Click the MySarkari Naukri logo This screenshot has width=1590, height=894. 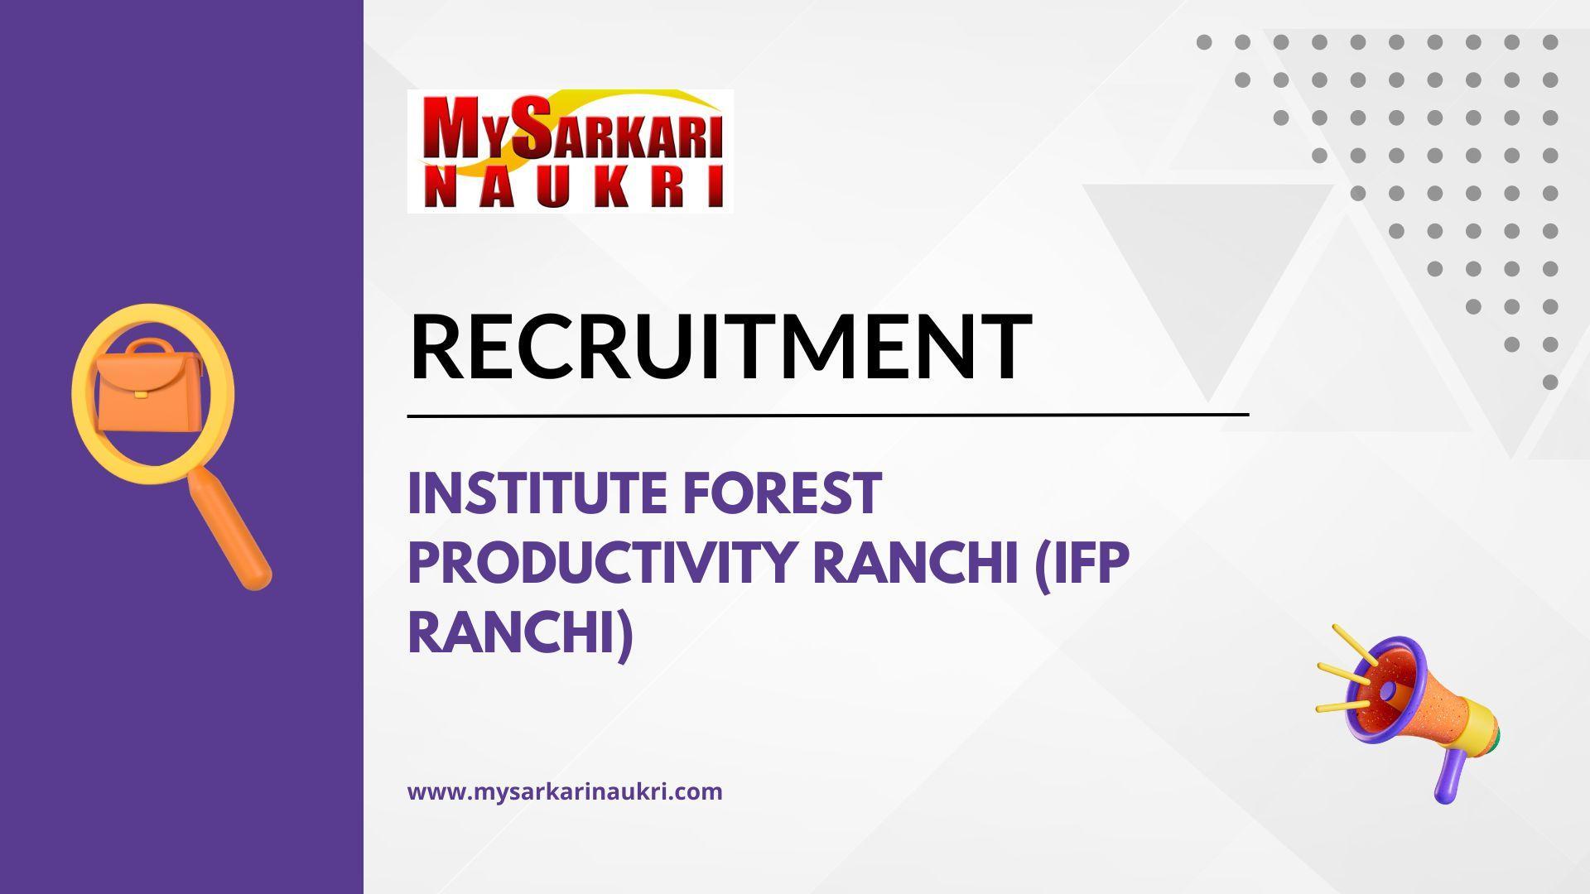coord(570,151)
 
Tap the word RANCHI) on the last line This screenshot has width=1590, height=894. coord(521,632)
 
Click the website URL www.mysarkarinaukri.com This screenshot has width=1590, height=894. coord(565,791)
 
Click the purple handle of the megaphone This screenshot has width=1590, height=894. coord(1449,774)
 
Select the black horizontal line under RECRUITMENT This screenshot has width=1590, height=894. coord(828,414)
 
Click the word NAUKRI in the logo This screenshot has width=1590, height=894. coord(571,187)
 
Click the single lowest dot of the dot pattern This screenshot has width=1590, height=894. coord(1550,382)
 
